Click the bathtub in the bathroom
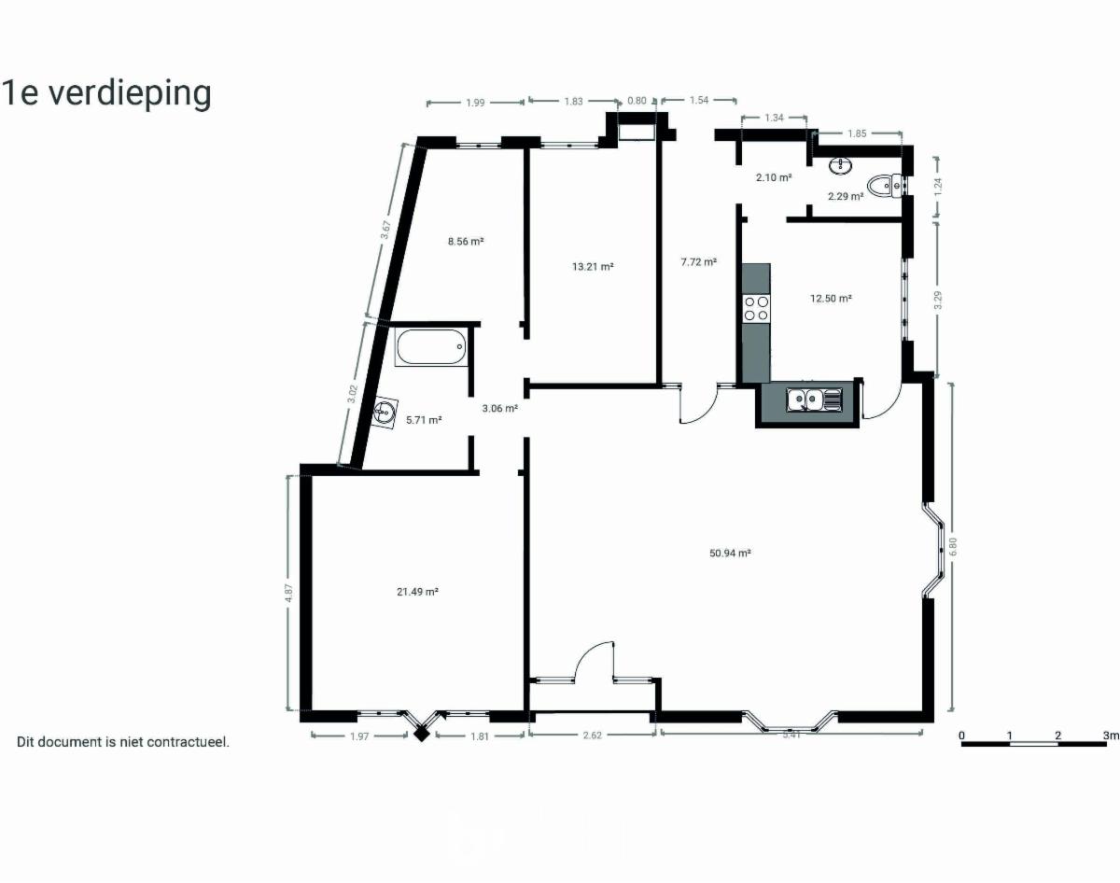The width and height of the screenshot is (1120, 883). (430, 346)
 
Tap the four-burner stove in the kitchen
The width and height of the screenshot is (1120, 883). (756, 308)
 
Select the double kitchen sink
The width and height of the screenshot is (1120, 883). (814, 399)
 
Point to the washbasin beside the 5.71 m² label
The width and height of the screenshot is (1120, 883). (385, 413)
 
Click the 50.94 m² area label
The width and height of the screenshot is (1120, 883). (730, 553)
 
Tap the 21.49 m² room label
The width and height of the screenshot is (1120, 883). (417, 592)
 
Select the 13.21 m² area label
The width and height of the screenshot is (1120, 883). (593, 267)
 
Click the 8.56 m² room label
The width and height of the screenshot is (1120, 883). (466, 241)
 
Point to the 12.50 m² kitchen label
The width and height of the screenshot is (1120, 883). (831, 299)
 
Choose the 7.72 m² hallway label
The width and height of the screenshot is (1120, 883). (698, 262)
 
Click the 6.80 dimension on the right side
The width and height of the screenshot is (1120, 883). (952, 546)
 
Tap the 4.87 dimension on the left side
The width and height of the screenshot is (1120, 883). (288, 593)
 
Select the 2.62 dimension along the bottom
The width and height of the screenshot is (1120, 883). (593, 736)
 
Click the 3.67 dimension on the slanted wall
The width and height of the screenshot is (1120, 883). (385, 230)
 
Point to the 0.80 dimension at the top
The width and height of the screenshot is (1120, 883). (637, 101)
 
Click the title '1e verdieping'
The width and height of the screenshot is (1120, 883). (106, 93)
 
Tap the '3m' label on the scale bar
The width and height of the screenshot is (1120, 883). (1111, 736)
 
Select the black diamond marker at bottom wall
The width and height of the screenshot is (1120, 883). (422, 735)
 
